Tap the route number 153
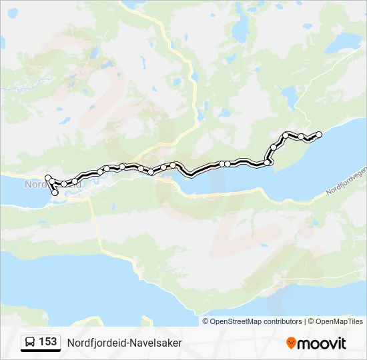coord(48,342)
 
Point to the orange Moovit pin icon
coord(291,343)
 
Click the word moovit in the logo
coord(322,343)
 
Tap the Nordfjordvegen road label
coord(346,181)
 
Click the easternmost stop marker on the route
coord(319,135)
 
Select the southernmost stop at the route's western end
coord(55,193)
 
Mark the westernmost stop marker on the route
coord(48,177)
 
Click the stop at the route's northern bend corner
coord(286,135)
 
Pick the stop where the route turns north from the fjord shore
coord(268,162)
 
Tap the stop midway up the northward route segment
coord(274,147)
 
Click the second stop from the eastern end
coord(302,137)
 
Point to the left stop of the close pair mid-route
coord(222,163)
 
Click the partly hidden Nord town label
coord(33,185)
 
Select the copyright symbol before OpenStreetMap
coord(206,321)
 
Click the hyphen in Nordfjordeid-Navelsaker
coord(127,343)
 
